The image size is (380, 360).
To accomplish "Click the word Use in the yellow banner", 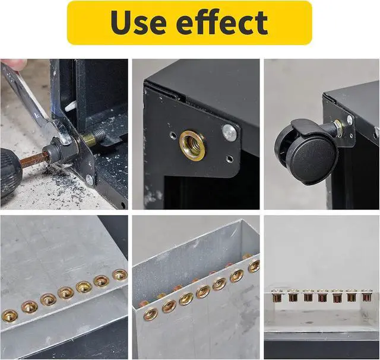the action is tap(138, 23).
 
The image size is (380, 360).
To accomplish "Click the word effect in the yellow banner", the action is tap(221, 22).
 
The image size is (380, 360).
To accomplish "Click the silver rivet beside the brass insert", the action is tap(229, 132).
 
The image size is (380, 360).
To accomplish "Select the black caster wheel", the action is tap(306, 152).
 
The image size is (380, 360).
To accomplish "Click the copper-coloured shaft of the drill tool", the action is tap(32, 160).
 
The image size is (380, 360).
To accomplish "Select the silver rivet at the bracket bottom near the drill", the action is tap(90, 180).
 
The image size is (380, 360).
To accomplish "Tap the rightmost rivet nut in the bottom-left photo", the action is tap(120, 275).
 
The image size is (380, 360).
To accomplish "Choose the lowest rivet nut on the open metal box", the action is tap(150, 314).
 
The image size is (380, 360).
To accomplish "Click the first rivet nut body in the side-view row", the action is tap(277, 296).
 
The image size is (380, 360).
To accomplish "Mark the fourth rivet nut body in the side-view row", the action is tap(322, 296).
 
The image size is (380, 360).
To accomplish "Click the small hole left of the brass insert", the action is tap(172, 135).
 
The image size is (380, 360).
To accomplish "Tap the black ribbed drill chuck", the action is tap(11, 173).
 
